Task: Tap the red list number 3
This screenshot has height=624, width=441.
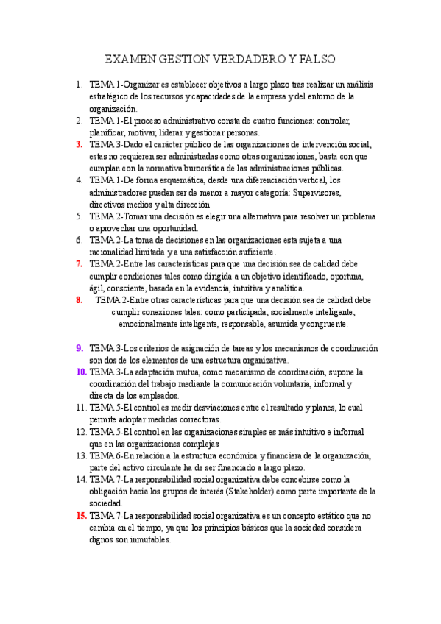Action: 79,144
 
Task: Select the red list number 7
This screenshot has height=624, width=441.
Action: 79,263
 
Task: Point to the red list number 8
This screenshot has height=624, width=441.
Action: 79,299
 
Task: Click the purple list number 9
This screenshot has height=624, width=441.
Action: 79,348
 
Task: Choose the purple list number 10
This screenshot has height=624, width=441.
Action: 81,372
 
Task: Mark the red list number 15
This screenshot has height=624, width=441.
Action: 81,515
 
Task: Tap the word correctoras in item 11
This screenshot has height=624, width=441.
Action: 197,419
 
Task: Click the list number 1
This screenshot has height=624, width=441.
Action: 80,85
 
